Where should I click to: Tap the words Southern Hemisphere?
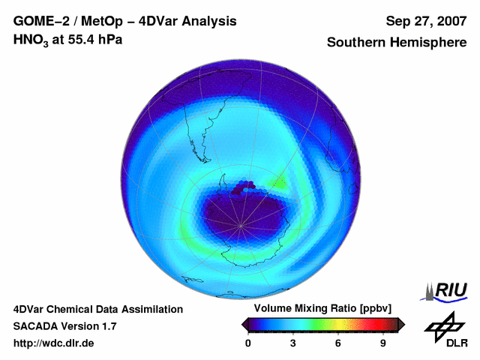397,43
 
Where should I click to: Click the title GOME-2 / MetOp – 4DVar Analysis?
125,21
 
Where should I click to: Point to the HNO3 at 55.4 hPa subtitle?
68,40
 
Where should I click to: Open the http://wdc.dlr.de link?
54,343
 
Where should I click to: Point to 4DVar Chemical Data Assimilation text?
97,309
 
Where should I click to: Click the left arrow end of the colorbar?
244,324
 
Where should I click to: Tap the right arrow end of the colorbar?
401,324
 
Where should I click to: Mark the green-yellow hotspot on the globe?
279,181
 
